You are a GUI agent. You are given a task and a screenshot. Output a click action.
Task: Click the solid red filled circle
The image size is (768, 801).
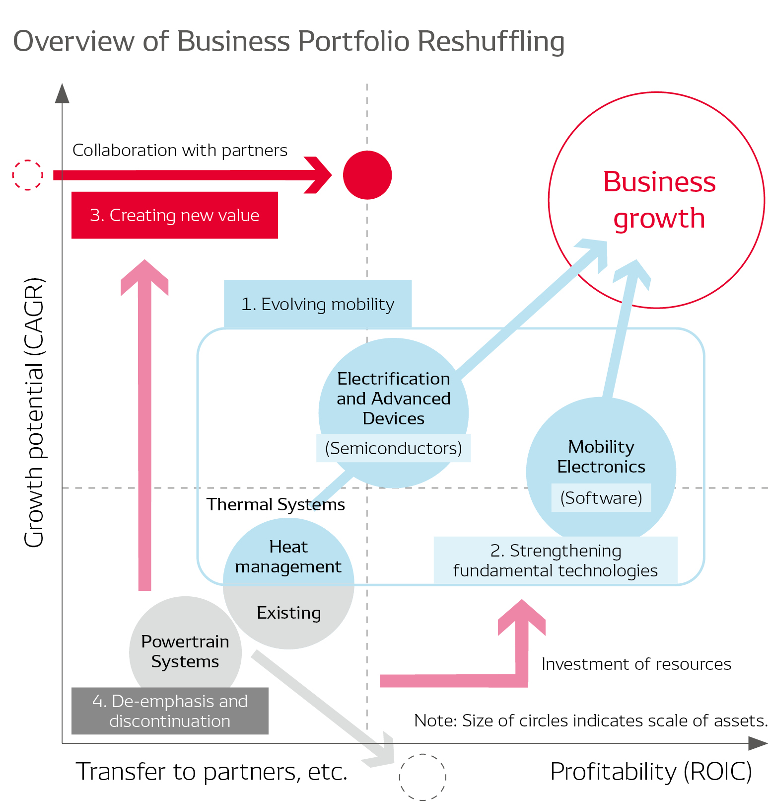click(367, 175)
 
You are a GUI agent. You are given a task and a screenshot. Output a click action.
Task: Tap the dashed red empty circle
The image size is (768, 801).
click(28, 175)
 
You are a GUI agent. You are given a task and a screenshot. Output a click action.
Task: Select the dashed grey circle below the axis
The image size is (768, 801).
click(422, 777)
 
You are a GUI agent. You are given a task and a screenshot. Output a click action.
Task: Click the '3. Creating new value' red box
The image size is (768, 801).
click(174, 215)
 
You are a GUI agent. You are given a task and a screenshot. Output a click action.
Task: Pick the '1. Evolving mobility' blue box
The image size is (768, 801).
click(318, 304)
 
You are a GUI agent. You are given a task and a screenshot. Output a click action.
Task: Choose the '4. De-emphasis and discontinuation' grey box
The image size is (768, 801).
click(170, 711)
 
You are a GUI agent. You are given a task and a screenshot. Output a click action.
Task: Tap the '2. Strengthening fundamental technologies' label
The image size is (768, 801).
click(556, 561)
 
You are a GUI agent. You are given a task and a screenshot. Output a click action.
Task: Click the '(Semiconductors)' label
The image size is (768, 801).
click(393, 448)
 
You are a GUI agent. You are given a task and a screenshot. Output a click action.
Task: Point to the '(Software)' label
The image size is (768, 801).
click(601, 497)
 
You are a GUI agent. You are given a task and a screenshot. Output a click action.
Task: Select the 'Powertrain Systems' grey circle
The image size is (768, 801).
click(185, 651)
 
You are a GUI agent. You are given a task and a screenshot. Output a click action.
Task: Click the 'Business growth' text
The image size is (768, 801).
click(659, 200)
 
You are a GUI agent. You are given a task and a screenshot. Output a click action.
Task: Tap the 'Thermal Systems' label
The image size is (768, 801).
click(276, 504)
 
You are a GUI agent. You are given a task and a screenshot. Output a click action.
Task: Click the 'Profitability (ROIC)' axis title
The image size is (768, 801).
click(651, 772)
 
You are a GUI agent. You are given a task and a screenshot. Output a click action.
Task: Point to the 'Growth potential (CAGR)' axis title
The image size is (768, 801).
click(34, 412)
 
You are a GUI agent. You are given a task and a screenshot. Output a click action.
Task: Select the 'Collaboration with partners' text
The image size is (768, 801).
click(180, 150)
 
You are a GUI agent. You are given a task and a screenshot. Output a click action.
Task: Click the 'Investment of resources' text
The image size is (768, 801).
click(636, 664)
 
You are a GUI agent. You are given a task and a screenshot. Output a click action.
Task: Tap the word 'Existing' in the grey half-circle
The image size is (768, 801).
click(288, 613)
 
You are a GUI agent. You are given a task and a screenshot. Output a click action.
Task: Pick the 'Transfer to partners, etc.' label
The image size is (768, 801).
click(211, 772)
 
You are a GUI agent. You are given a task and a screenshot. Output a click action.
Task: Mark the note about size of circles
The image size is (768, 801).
click(591, 721)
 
